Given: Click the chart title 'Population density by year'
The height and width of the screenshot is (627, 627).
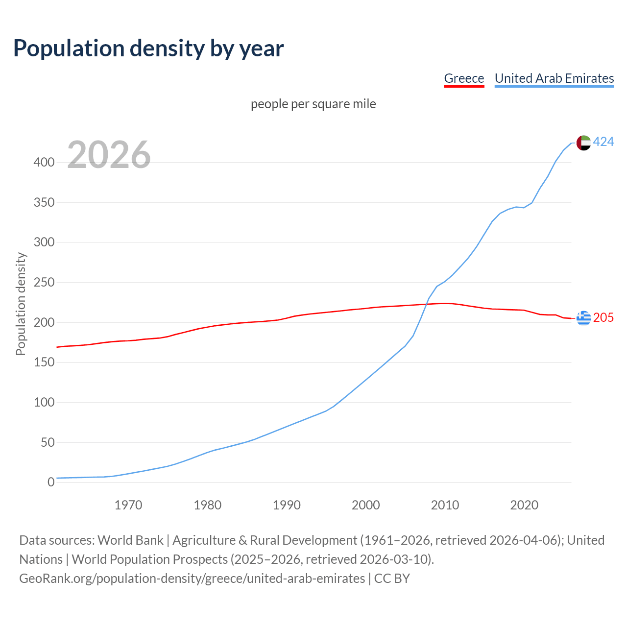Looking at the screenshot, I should click(148, 48).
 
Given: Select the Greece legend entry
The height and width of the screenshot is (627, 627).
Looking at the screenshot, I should click(463, 78).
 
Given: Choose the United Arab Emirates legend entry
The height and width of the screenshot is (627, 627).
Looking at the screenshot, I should click(554, 78).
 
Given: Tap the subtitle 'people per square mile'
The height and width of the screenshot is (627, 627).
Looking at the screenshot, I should click(313, 104).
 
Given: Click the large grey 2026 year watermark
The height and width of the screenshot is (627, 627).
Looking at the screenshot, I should click(109, 155).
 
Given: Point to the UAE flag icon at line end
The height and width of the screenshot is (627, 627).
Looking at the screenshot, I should click(583, 143).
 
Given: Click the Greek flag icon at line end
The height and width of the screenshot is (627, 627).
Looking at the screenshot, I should click(583, 318).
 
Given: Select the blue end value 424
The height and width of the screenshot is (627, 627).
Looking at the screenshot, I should click(603, 142).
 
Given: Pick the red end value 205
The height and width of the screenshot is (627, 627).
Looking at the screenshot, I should click(603, 318).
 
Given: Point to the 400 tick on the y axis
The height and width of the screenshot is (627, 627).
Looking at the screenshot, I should click(44, 162).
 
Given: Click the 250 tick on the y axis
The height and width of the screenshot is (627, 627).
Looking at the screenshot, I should click(44, 283).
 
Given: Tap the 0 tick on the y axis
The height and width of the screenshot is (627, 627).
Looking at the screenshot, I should click(50, 482).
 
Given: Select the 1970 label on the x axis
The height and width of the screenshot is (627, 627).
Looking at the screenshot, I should click(128, 505).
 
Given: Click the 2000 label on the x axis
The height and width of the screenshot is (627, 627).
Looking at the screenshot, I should click(366, 505).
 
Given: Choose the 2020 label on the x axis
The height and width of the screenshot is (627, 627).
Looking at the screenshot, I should click(524, 505).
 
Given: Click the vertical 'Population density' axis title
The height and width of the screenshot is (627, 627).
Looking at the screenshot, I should click(21, 304).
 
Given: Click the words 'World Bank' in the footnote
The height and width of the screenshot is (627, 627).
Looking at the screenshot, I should click(130, 540).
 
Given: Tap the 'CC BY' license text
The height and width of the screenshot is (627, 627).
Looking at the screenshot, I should click(392, 579).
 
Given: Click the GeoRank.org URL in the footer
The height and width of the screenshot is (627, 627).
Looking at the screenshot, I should click(192, 579).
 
